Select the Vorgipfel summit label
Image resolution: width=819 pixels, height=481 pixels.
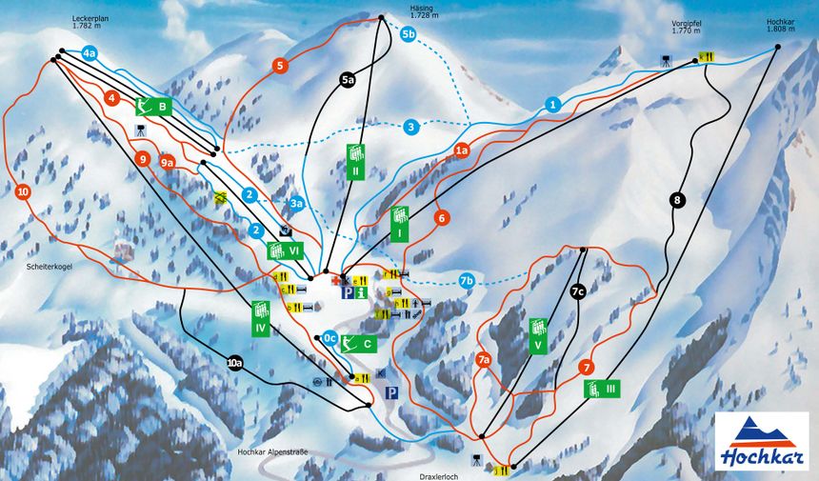pyautogui.click(x=686, y=26)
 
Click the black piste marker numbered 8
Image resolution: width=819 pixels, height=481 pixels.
pyautogui.click(x=677, y=200)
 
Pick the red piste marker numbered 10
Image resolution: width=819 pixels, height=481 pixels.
pyautogui.click(x=23, y=191)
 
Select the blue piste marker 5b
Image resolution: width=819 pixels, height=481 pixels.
pyautogui.click(x=409, y=35)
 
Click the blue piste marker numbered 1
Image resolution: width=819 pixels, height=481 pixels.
pyautogui.click(x=552, y=104)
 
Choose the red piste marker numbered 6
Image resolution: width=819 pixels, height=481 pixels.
pyautogui.click(x=441, y=218)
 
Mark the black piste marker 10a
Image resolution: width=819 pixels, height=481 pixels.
pyautogui.click(x=234, y=362)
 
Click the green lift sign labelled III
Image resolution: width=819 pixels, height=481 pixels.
pyautogui.click(x=599, y=388)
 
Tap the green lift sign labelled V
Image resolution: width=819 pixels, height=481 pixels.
pyautogui.click(x=539, y=336)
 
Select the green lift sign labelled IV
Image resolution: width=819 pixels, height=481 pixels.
pyautogui.click(x=260, y=316)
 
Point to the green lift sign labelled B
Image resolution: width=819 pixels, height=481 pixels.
pyautogui.click(x=152, y=107)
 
